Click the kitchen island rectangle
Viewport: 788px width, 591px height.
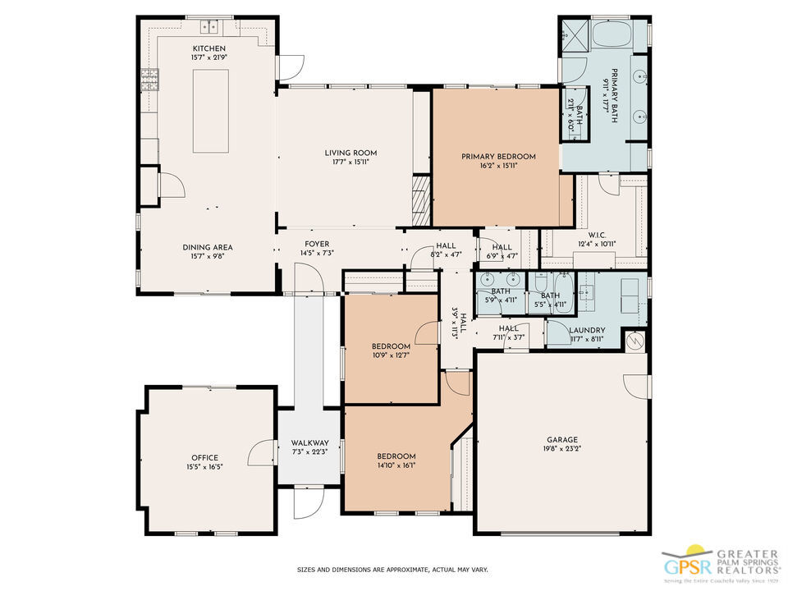(x=211, y=111)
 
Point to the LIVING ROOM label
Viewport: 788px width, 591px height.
(x=350, y=153)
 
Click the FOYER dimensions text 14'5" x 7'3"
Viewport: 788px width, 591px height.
(x=317, y=254)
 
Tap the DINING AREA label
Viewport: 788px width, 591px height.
(x=208, y=247)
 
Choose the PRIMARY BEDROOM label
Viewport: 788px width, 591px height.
(x=498, y=157)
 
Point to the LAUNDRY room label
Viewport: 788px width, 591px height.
(x=587, y=330)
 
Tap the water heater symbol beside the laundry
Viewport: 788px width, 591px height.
(x=635, y=341)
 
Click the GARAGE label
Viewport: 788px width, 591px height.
(x=563, y=439)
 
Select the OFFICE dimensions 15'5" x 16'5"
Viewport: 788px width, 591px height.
(x=205, y=466)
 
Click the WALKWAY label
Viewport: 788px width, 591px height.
(x=309, y=442)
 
